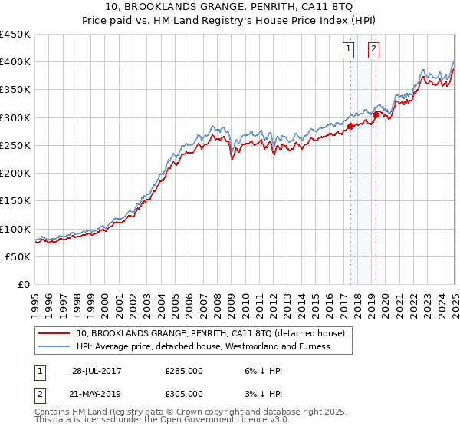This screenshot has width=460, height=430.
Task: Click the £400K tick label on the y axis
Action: [x=15, y=62]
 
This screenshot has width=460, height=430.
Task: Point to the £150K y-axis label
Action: [x=15, y=201]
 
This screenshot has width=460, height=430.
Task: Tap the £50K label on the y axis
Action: [x=18, y=257]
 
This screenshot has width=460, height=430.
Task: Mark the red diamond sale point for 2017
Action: [x=350, y=126]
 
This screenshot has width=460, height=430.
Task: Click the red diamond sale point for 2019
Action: [x=376, y=114]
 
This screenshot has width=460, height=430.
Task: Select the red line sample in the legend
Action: [x=54, y=334]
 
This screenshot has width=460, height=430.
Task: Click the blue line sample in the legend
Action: [x=54, y=346]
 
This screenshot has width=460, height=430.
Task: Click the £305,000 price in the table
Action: [x=184, y=393]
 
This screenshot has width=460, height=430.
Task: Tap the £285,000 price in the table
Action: [x=184, y=370]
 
